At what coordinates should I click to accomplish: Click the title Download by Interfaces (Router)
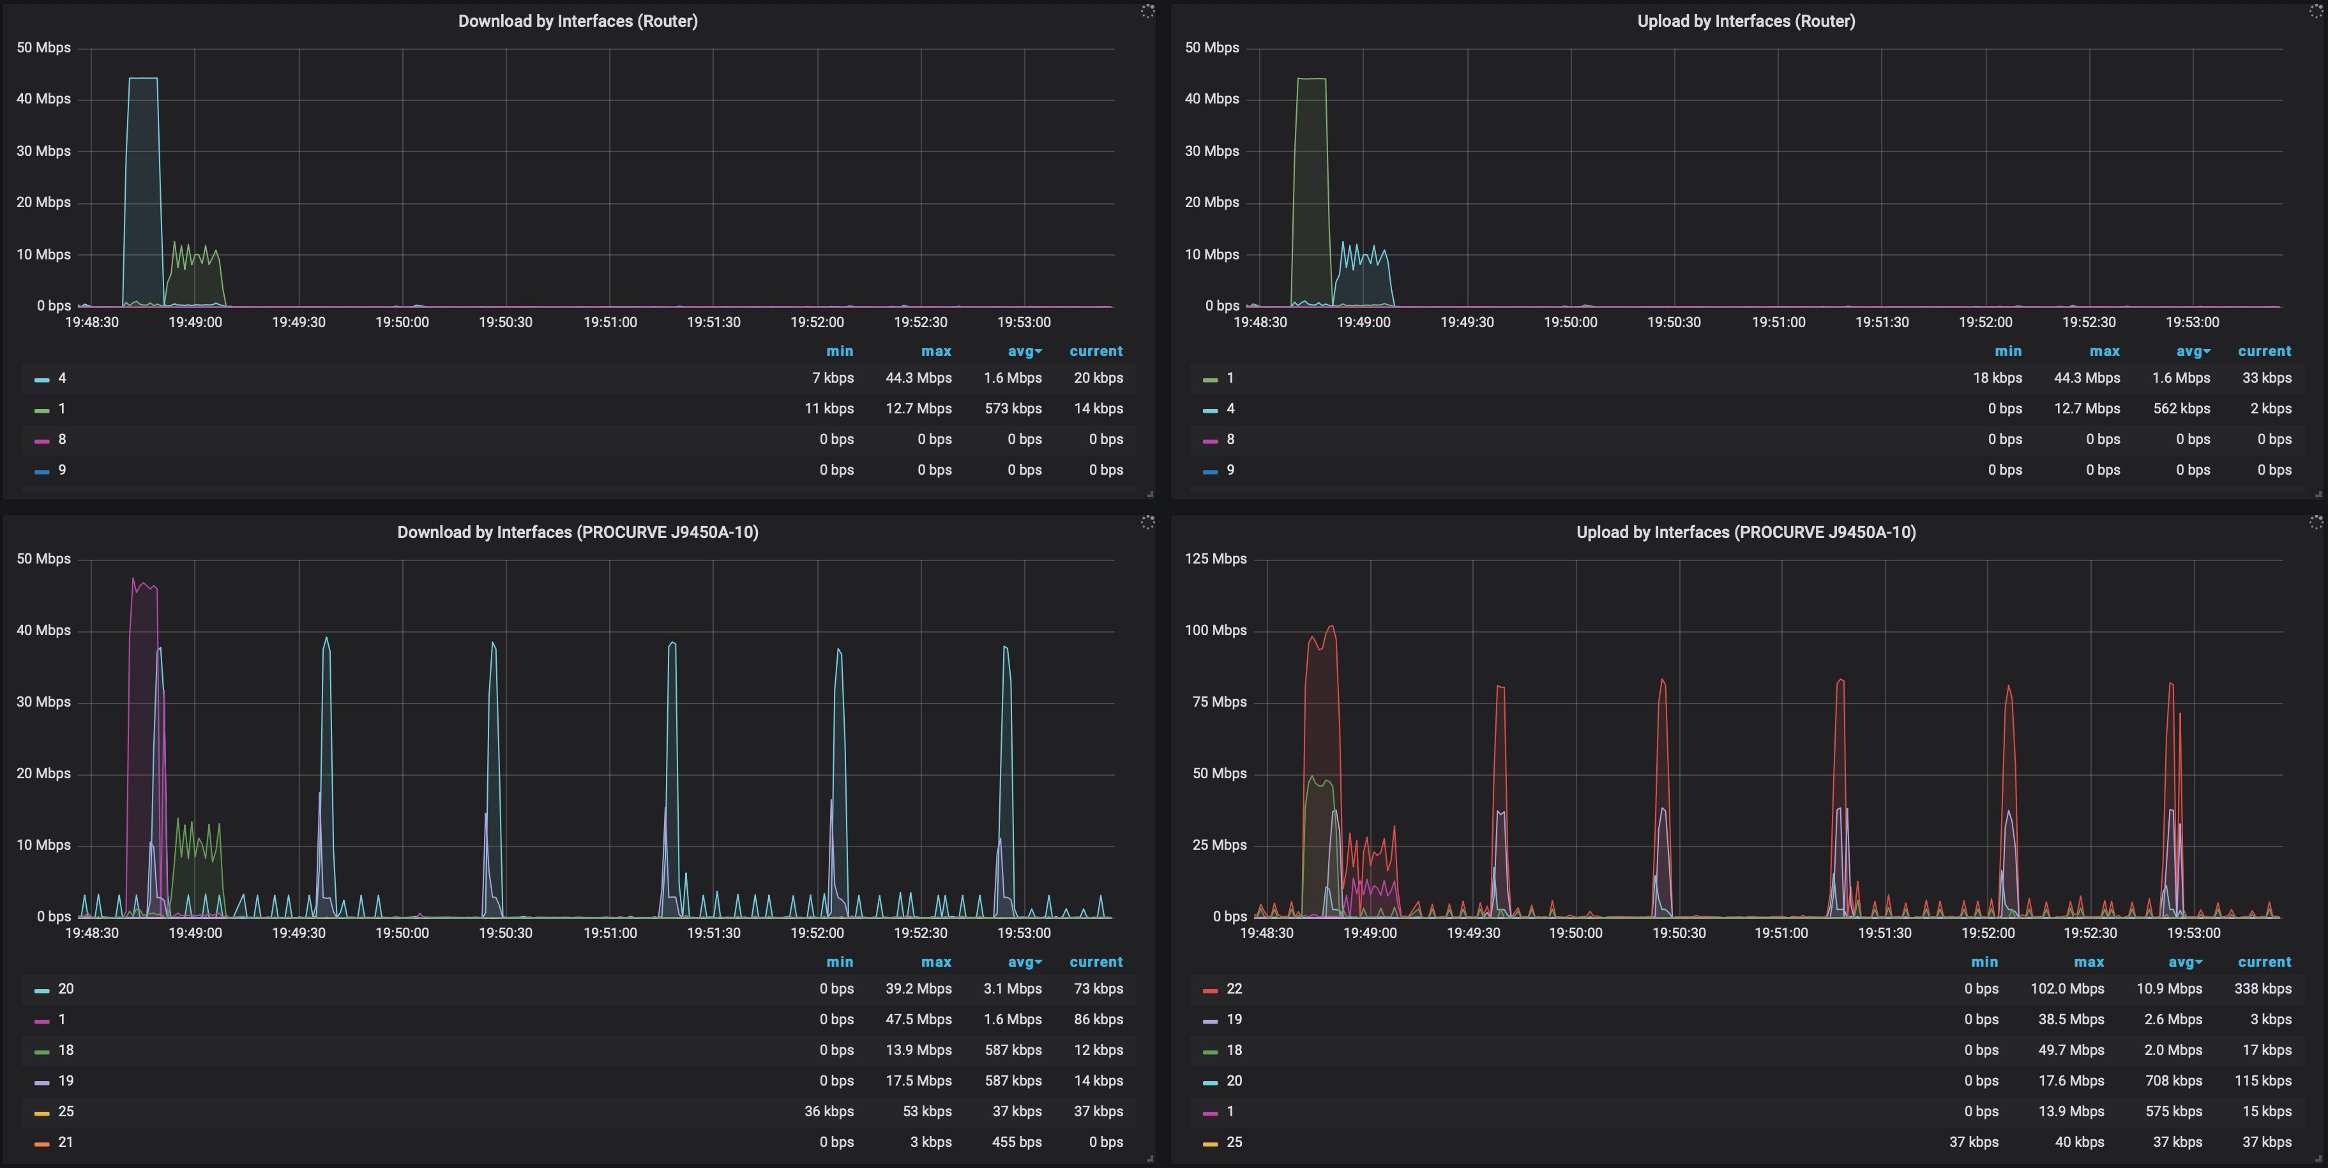coord(577,21)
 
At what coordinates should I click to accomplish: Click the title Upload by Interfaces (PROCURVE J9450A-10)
coord(1745,532)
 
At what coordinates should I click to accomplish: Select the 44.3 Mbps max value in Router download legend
coord(918,378)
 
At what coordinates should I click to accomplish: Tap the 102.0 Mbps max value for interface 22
coord(2067,989)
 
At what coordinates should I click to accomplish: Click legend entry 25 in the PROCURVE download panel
coord(66,1112)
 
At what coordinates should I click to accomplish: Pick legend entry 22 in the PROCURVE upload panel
coord(1234,989)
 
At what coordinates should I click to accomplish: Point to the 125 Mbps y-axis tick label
coord(1216,558)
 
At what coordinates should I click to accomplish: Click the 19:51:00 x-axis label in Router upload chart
coord(1778,323)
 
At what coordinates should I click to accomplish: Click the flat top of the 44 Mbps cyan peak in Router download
coord(143,79)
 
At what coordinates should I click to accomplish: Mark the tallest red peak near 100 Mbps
coord(1330,626)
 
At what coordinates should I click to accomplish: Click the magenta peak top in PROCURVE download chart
coord(133,580)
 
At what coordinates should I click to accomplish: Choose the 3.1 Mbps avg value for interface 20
coord(1012,989)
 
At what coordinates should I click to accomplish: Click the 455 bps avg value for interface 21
coord(1017,1142)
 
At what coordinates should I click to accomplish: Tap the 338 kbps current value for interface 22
coord(2262,989)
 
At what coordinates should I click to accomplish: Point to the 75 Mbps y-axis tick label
coord(1219,702)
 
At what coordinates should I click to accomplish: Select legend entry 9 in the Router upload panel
coord(1230,470)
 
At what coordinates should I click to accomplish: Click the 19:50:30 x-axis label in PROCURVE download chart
coord(505,933)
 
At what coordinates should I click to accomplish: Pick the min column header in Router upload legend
coord(2007,351)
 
